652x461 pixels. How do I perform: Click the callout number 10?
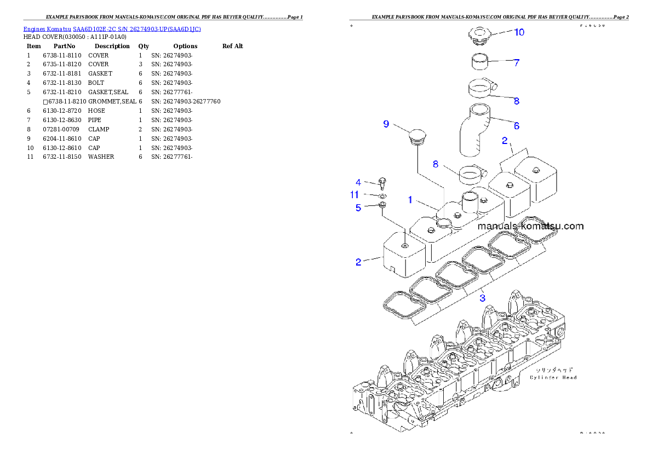click(x=518, y=32)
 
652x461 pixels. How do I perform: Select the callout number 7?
click(x=516, y=62)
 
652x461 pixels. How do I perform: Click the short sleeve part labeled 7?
click(x=480, y=60)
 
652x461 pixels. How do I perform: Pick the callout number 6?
click(x=516, y=126)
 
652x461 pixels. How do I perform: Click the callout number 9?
click(x=386, y=124)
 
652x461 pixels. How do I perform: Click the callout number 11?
click(x=354, y=194)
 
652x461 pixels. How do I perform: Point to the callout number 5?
click(x=358, y=208)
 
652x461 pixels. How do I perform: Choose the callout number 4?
click(x=358, y=182)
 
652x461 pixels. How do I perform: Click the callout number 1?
click(x=410, y=200)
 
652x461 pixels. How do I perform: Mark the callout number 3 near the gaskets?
click(x=482, y=298)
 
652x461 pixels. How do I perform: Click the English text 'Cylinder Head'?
click(x=553, y=377)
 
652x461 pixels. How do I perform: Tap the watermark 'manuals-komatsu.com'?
click(x=530, y=226)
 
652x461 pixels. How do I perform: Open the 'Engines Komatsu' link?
click(x=47, y=29)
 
